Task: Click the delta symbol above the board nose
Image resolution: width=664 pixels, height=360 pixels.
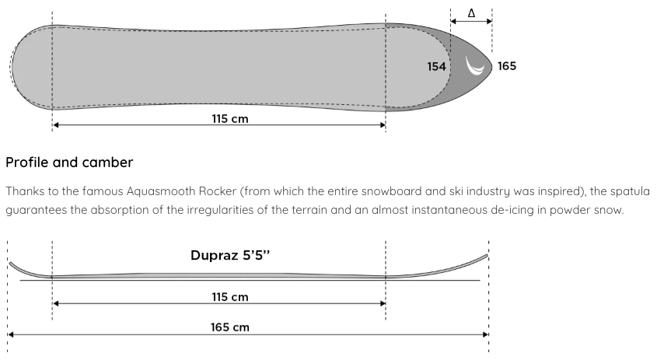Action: tap(471, 13)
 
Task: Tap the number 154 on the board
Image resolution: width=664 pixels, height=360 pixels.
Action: tap(436, 67)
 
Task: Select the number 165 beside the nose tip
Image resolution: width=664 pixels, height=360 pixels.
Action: tap(506, 67)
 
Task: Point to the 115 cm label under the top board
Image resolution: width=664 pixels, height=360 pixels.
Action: tap(230, 119)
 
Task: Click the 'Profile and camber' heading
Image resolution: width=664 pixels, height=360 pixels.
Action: tap(69, 163)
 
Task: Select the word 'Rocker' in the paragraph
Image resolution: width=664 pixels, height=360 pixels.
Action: tap(217, 191)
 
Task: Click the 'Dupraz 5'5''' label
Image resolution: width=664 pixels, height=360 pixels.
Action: tap(230, 255)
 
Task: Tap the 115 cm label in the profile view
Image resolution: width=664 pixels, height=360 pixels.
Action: tap(230, 297)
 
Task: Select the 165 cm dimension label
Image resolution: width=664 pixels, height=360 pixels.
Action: tap(230, 327)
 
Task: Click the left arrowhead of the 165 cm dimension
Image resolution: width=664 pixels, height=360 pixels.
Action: tap(11, 334)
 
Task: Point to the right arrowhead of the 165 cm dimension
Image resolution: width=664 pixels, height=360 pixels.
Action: tap(486, 334)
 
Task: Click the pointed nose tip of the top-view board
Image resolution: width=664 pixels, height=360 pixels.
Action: tap(491, 67)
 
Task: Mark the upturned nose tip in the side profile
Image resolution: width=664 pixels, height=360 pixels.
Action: tap(487, 255)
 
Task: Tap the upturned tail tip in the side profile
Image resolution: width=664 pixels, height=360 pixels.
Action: tap(11, 264)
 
